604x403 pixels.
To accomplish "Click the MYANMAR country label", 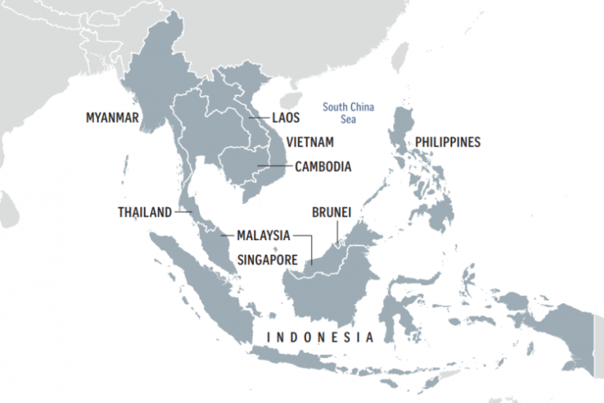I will (x=112, y=119).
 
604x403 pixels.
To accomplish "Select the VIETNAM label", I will (x=310, y=142).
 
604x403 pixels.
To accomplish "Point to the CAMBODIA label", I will (x=323, y=167).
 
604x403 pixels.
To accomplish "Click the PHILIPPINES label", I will (x=447, y=142).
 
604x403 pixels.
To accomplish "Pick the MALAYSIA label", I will (x=263, y=235).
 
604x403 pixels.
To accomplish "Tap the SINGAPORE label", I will (x=267, y=258).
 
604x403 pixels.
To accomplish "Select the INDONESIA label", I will (x=320, y=338).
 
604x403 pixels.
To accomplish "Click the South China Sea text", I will (x=348, y=113).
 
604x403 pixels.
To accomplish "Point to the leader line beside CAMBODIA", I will (x=275, y=167).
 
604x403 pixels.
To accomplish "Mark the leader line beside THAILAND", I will (x=183, y=213).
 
